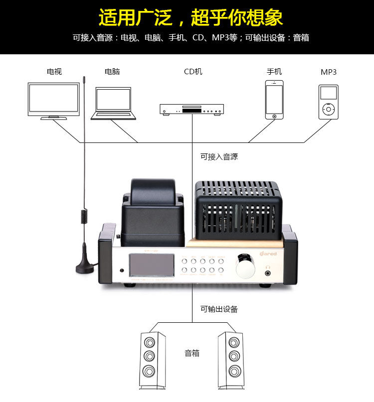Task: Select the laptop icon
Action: tap(113, 104)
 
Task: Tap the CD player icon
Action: tap(191, 109)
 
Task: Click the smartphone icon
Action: tap(274, 100)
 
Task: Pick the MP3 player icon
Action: tap(328, 102)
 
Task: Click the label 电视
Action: tap(54, 72)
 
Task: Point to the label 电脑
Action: tap(112, 72)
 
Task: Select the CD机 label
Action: tap(193, 72)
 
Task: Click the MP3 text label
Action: tap(329, 72)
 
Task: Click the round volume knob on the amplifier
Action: tap(244, 268)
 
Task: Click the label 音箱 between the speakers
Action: tap(192, 353)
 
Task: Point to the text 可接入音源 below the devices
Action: tap(219, 156)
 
